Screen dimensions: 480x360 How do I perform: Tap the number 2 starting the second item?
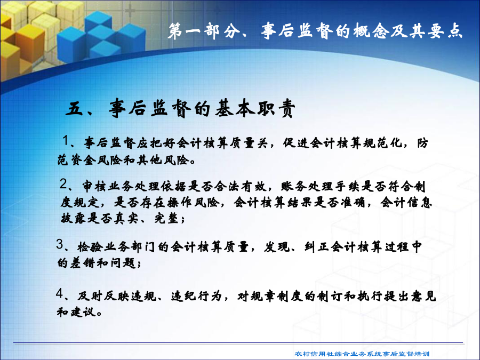pyautogui.click(x=63, y=184)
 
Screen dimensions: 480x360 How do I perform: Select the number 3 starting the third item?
pyautogui.click(x=60, y=244)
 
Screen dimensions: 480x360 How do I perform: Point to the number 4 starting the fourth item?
pyautogui.click(x=60, y=293)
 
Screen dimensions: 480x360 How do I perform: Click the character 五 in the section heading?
pyautogui.click(x=74, y=108)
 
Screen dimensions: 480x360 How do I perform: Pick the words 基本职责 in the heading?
pyautogui.click(x=255, y=108)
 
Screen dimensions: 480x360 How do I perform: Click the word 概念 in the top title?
pyautogui.click(x=371, y=31)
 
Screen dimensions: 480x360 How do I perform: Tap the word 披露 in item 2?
pyautogui.click(x=74, y=219)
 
